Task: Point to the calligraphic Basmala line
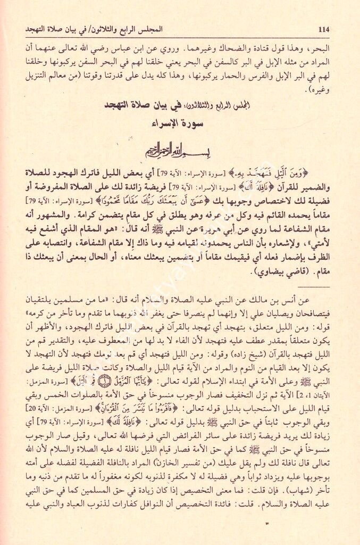coord(179,153)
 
